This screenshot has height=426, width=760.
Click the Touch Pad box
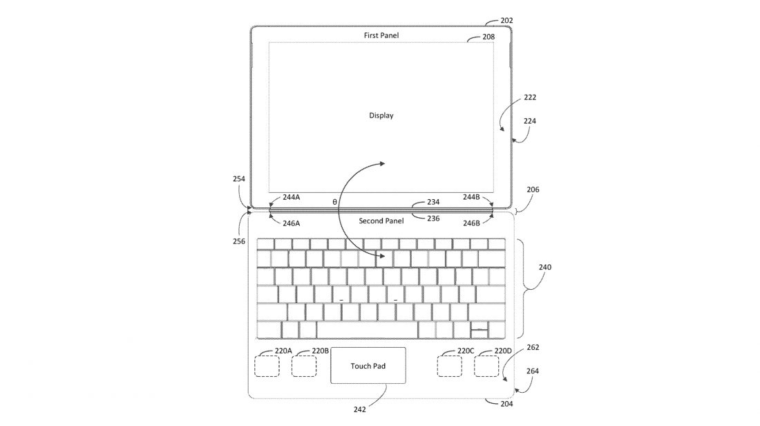coord(368,366)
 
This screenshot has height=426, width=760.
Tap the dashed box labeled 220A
coord(267,366)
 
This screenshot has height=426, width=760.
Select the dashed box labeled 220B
coord(303,366)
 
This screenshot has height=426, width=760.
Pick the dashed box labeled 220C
coord(449,366)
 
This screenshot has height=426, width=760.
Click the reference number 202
coord(506,21)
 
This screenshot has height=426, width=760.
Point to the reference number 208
coord(488,37)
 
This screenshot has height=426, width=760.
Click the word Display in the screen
coord(381,115)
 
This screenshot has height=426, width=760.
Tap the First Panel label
coord(381,35)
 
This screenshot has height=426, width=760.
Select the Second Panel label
coord(381,221)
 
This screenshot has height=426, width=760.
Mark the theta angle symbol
coord(334,202)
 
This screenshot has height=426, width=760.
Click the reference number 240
coord(544,266)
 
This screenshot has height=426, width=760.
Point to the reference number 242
coord(360,409)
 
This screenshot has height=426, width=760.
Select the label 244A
coord(291,197)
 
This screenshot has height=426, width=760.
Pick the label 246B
coord(472,223)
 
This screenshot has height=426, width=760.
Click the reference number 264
coord(533,370)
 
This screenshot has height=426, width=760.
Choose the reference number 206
coord(533,189)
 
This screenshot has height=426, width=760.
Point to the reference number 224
coord(529,120)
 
